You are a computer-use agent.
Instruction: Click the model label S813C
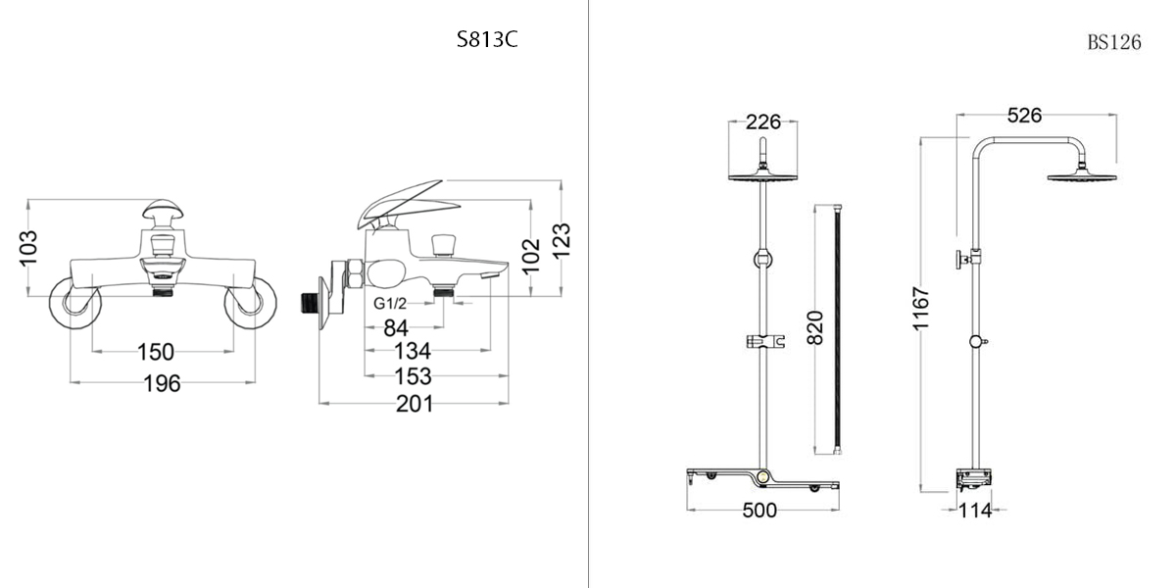click(x=487, y=39)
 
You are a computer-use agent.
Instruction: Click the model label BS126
click(x=1114, y=42)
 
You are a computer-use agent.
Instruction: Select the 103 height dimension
click(x=28, y=248)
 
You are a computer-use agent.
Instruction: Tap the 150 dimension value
click(x=156, y=352)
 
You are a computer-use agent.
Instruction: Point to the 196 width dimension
click(x=163, y=383)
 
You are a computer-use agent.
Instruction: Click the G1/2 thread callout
click(x=390, y=303)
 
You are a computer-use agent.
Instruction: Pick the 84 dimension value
click(x=396, y=328)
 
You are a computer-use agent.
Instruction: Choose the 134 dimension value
click(x=413, y=351)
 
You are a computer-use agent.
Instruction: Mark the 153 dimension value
click(x=414, y=376)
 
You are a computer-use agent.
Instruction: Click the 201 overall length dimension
click(x=415, y=404)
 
